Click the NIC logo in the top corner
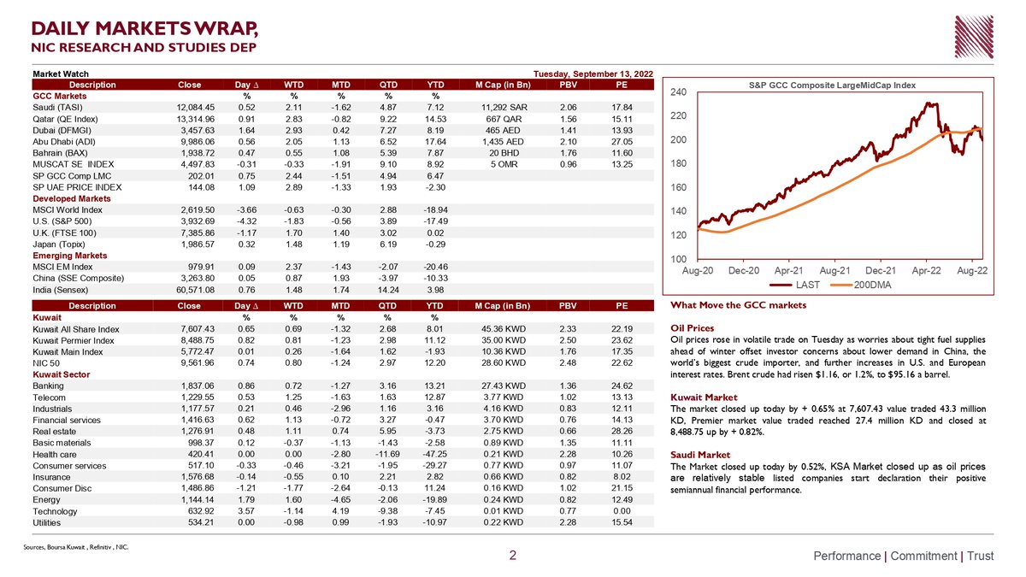point(974,37)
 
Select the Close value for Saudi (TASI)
point(196,108)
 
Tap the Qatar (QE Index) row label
point(65,119)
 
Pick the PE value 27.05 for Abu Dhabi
point(622,142)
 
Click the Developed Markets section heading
point(72,198)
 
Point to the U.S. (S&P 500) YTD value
point(435,221)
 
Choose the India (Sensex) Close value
point(196,290)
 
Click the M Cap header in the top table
point(503,85)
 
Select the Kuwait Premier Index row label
point(74,341)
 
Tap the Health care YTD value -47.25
point(434,454)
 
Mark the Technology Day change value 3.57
point(246,511)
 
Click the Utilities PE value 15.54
point(622,522)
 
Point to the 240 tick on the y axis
point(678,92)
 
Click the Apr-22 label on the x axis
point(926,271)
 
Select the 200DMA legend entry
point(861,286)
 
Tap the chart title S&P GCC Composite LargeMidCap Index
point(832,85)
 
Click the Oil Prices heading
point(692,328)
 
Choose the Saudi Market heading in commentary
point(700,455)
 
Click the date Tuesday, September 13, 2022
point(593,74)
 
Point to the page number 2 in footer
point(513,556)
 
